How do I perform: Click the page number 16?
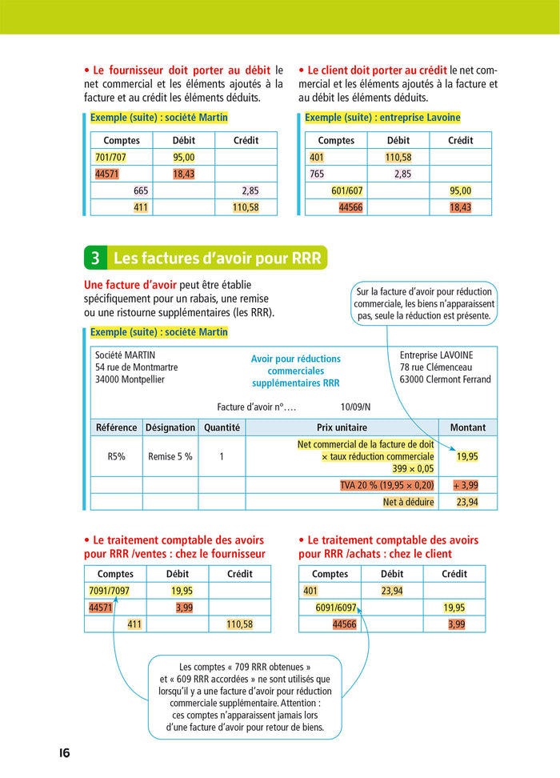point(64,753)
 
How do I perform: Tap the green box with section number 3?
point(95,259)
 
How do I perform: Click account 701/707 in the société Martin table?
point(110,158)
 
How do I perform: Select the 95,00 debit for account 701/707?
point(184,158)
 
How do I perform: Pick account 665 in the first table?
point(141,191)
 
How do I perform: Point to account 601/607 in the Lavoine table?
point(347,191)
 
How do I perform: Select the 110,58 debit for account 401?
point(398,158)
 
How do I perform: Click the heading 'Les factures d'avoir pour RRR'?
point(217,259)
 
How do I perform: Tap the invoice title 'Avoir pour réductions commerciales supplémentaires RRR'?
point(295,371)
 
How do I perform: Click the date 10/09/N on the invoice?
point(356,407)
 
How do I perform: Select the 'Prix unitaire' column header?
point(342,427)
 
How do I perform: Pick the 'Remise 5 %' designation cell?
point(170,457)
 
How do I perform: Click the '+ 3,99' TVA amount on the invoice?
point(466,485)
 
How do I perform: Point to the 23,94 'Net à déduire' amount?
point(467,503)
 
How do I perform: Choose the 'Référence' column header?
point(116,427)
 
